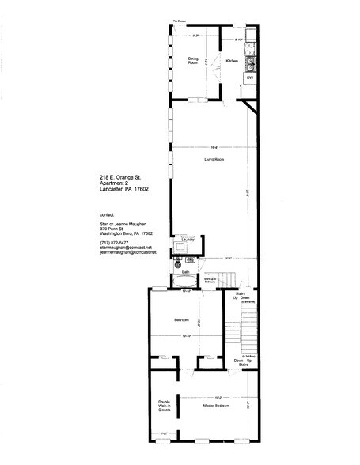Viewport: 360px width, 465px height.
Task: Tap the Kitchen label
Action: pos(232,61)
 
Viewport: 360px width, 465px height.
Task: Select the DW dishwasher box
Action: pos(249,77)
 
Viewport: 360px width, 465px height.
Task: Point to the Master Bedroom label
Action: pos(216,406)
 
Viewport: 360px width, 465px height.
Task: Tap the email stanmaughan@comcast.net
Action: pos(120,248)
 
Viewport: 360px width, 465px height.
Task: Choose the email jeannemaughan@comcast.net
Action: pos(123,252)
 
